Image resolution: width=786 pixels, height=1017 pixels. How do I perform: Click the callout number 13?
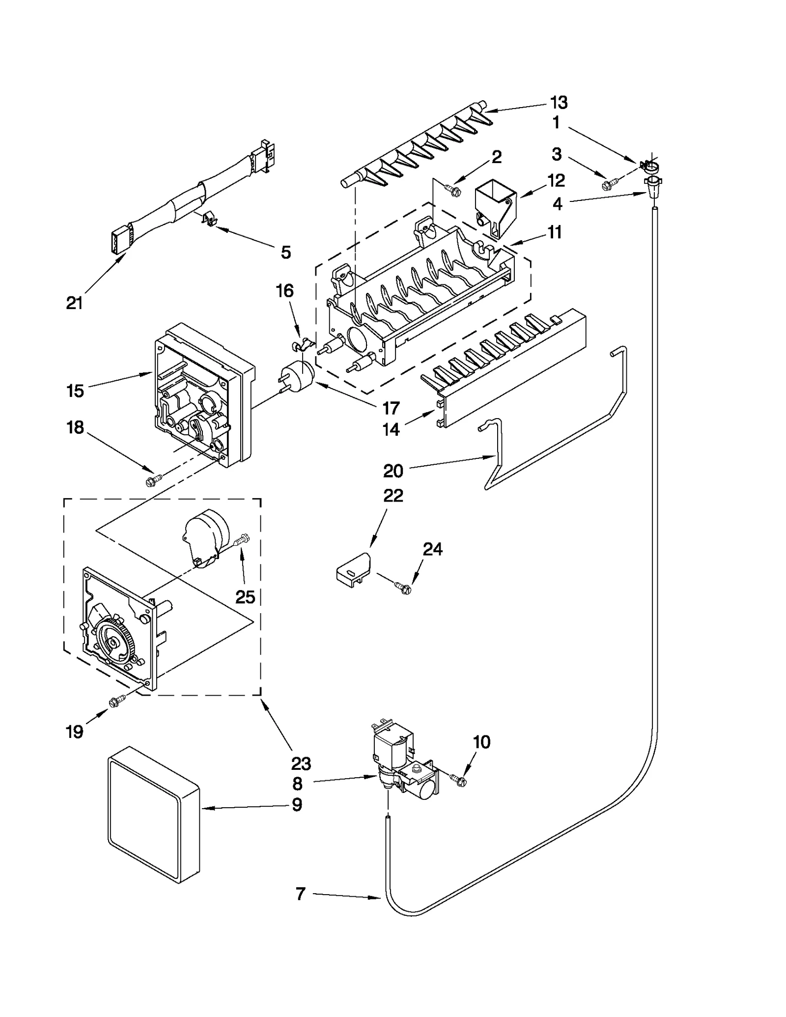click(x=559, y=103)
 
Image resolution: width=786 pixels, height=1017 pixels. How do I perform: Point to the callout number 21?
click(x=74, y=303)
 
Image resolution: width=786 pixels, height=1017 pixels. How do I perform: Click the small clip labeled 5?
click(x=210, y=219)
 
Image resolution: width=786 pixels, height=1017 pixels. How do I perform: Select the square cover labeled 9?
click(x=152, y=815)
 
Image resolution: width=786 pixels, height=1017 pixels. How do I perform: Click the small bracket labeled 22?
click(x=353, y=569)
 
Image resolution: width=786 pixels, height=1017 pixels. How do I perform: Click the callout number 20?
click(x=393, y=471)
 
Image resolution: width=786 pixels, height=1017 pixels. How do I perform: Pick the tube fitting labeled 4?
click(x=653, y=187)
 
